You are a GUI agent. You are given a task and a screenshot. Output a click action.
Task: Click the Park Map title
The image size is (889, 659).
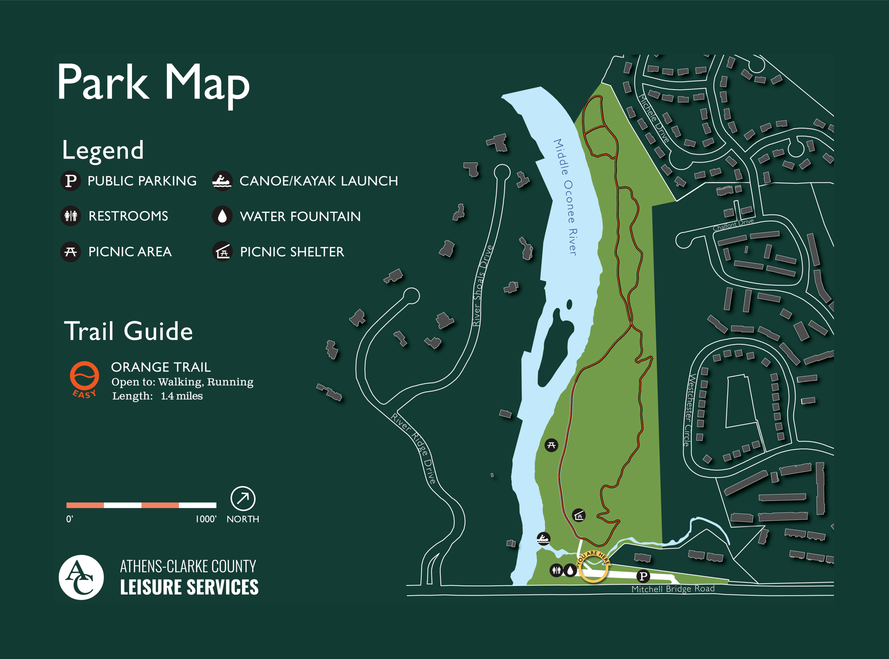tap(154, 83)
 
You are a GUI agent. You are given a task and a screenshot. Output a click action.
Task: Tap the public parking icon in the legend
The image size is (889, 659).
tap(70, 181)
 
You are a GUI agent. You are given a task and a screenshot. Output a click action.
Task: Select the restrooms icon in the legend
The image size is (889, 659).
tap(70, 216)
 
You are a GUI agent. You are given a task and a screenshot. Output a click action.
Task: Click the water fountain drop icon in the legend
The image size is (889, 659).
tap(222, 216)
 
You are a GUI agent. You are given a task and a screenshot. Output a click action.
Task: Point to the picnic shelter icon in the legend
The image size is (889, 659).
tap(222, 252)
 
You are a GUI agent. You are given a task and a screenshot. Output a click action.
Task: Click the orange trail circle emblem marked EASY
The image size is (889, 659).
tap(84, 376)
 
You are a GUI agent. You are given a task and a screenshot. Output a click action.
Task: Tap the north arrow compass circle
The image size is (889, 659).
tap(243, 498)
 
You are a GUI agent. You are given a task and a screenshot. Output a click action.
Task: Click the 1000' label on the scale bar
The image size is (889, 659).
tap(206, 519)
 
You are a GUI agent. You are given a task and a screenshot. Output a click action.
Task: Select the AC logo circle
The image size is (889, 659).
tap(81, 577)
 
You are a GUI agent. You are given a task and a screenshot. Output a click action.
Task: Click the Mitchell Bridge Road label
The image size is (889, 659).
tap(673, 589)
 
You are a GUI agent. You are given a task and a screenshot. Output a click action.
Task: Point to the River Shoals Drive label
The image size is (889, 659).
tap(482, 286)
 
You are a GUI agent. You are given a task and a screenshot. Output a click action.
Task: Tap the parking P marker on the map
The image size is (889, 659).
tap(643, 576)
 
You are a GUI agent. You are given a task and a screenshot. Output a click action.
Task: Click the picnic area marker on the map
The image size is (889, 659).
tap(551, 445)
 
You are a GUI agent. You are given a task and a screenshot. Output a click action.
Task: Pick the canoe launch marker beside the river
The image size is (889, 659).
tap(543, 539)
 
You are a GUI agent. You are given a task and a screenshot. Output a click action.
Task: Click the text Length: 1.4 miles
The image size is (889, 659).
tap(158, 396)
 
